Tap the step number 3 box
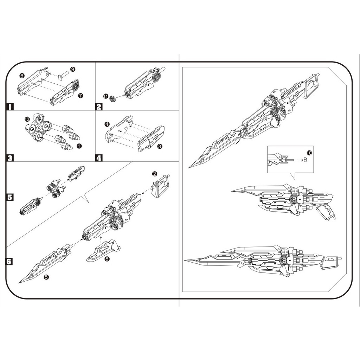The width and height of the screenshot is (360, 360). click(10, 158)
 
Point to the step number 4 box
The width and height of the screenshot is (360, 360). click(99, 158)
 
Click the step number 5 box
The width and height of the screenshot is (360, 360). click(10, 197)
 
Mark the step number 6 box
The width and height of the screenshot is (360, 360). click(10, 262)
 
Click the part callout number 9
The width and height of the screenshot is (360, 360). click(72, 69)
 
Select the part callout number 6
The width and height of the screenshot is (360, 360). click(22, 76)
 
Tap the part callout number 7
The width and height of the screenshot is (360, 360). click(81, 96)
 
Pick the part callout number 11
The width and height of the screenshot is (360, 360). click(105, 96)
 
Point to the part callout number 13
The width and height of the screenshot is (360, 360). click(27, 120)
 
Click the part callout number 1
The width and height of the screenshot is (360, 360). click(79, 145)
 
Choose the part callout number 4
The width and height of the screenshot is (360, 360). click(107, 124)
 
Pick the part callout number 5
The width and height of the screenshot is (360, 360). click(46, 277)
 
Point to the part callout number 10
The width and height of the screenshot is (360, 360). click(309, 153)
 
